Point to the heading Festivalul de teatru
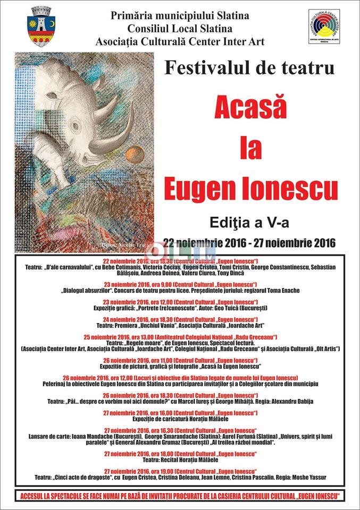(x=249, y=68)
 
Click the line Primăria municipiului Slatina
(x=180, y=16)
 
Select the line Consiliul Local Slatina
(x=180, y=29)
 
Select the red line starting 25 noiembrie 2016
(x=180, y=337)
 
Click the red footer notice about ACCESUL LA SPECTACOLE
(x=180, y=496)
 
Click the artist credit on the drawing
(x=122, y=245)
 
